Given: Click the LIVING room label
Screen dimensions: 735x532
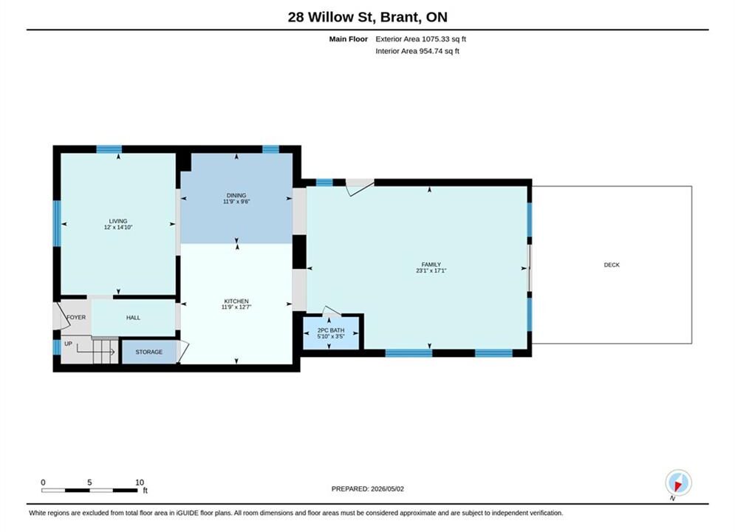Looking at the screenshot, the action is (118, 221).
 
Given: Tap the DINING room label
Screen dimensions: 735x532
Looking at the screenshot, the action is (236, 195).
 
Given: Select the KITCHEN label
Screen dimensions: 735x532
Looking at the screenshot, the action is (236, 301).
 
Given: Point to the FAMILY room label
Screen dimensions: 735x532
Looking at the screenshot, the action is (431, 265).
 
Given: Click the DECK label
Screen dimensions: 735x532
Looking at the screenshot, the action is (612, 265).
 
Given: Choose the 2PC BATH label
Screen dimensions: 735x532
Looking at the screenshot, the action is (331, 330).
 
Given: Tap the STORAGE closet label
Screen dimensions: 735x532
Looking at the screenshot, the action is (149, 352).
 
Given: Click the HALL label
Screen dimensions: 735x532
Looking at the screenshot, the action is (133, 317).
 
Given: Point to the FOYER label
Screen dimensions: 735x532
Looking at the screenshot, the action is (76, 317).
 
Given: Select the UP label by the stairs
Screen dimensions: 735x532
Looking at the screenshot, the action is (69, 344).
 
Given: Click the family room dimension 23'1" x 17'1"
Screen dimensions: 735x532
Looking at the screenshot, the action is (431, 270).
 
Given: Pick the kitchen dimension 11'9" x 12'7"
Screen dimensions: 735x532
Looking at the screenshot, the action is (236, 307).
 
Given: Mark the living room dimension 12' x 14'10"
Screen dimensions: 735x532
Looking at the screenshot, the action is (118, 227).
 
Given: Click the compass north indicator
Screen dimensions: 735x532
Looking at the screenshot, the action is (678, 482).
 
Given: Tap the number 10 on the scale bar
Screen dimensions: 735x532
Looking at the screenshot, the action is (140, 482).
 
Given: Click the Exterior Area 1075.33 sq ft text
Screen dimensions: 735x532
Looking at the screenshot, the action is (420, 39).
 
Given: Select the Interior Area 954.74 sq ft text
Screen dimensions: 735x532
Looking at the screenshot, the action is (417, 51).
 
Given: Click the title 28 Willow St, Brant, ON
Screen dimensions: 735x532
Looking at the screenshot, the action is (368, 17).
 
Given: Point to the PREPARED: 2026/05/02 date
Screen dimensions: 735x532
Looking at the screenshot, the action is (368, 488).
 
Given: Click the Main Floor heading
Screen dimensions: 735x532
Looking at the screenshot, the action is (348, 39).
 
